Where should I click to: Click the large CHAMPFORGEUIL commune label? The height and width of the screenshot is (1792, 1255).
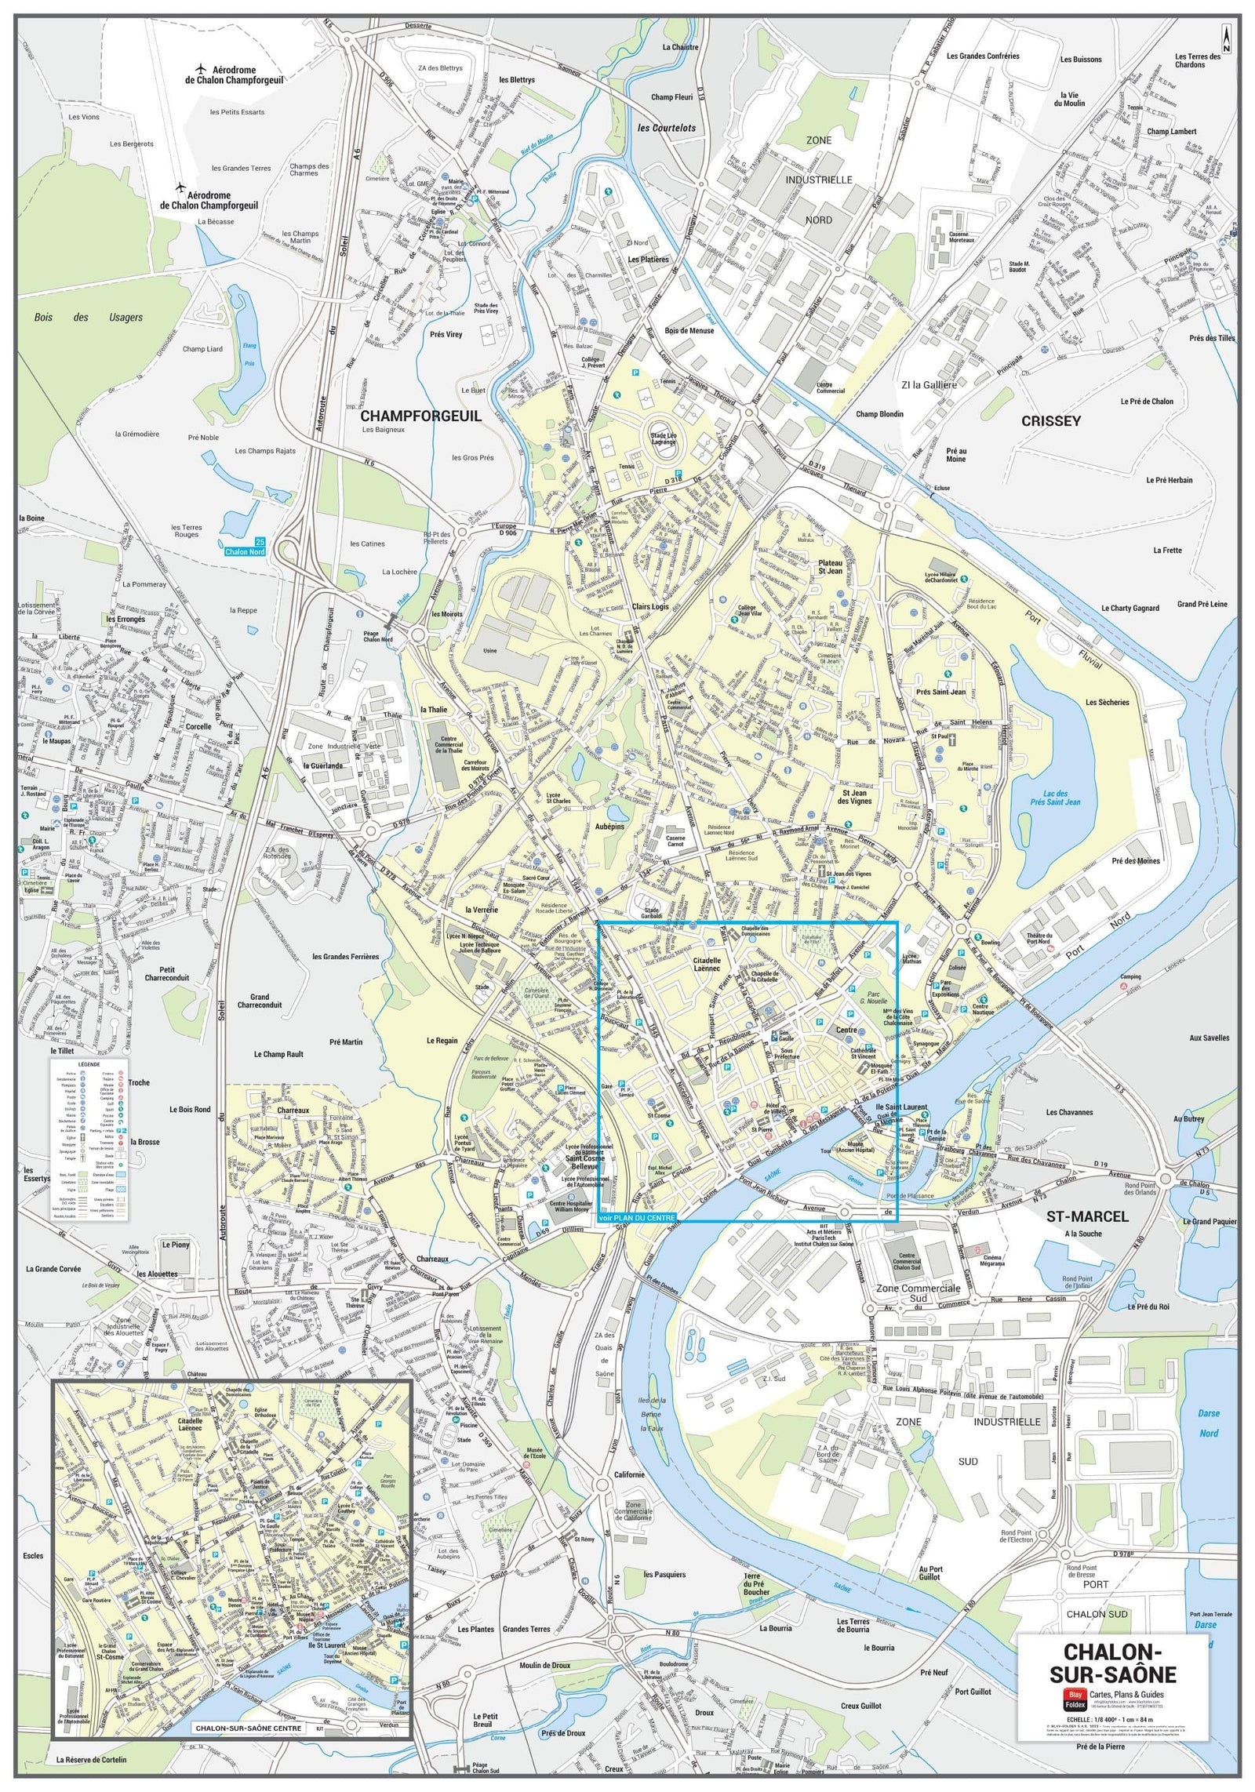[420, 416]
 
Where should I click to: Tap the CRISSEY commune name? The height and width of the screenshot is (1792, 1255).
[1050, 420]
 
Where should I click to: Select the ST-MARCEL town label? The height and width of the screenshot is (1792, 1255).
[1087, 1216]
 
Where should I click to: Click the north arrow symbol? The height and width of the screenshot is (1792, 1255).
[1226, 38]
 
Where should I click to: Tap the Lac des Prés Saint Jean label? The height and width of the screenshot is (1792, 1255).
[1055, 798]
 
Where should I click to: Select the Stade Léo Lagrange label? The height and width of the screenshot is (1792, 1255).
[663, 438]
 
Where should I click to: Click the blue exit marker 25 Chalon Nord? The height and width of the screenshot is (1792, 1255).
[245, 547]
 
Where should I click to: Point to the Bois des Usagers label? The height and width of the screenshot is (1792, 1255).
[89, 318]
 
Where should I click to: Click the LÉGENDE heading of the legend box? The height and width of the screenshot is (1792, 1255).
[89, 1064]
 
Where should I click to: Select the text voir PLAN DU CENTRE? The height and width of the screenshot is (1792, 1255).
[636, 1218]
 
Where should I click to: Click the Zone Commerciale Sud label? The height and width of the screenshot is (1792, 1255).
[918, 1292]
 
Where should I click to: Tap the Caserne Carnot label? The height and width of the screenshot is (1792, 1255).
[675, 841]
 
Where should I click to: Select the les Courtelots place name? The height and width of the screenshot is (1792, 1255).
[666, 128]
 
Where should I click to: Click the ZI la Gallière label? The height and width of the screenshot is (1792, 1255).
[929, 384]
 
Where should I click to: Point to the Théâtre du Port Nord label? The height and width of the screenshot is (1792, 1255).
[1039, 939]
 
